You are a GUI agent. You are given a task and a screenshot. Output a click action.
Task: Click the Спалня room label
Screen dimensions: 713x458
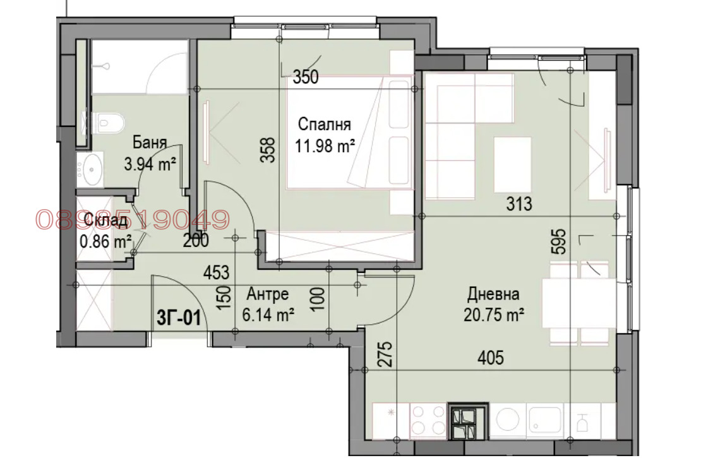(324, 124)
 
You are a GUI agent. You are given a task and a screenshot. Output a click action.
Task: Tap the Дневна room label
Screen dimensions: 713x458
(493, 294)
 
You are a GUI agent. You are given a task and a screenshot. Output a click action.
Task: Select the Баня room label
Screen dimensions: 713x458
(150, 142)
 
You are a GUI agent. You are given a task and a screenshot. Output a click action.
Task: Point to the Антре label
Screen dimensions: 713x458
(267, 294)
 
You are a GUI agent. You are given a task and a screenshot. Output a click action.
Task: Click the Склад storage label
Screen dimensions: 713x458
(105, 220)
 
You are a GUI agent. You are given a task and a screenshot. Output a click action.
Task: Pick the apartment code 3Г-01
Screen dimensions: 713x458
(179, 317)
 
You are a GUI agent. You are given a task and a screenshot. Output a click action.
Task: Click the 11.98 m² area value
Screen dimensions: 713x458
(325, 146)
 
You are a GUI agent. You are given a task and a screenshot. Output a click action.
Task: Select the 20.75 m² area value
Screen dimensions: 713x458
(494, 315)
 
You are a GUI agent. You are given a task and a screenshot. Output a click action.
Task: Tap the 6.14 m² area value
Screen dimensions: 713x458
(268, 315)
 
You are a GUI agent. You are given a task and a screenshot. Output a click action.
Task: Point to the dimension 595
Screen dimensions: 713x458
(560, 241)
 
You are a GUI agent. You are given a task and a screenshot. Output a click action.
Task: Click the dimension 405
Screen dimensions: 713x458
(491, 358)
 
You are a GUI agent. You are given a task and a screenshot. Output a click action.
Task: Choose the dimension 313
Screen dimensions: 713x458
(519, 204)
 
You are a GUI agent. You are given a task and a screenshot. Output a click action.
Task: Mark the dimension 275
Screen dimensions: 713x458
(385, 354)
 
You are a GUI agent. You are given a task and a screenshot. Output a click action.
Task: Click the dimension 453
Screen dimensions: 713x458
(217, 272)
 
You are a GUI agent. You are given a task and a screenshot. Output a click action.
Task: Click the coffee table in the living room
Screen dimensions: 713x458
(512, 165)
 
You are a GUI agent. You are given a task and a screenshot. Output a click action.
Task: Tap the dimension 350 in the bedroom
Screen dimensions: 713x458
(306, 77)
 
